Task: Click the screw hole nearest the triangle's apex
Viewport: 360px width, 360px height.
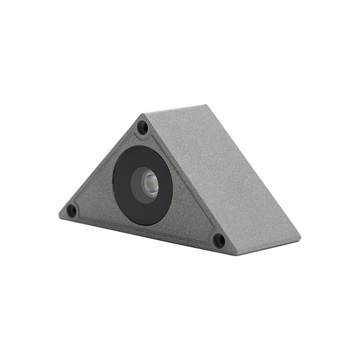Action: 143,127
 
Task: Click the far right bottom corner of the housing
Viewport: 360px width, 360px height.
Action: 300,234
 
